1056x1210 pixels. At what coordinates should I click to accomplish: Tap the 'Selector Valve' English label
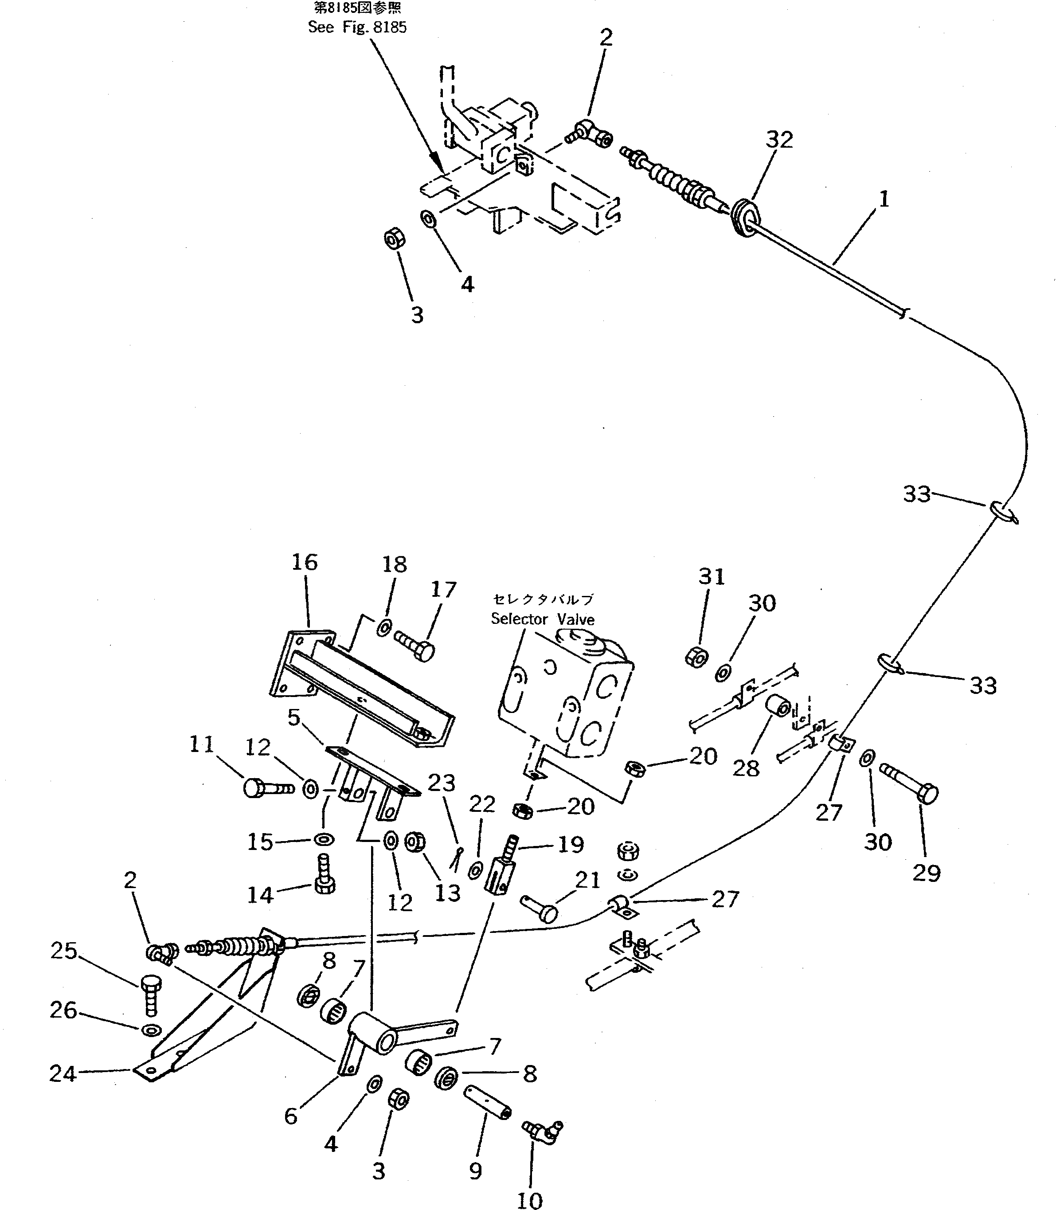point(542,619)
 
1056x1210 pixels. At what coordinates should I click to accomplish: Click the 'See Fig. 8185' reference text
point(357,27)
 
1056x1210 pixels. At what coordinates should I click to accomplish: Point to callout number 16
point(304,562)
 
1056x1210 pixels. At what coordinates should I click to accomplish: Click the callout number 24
point(63,1074)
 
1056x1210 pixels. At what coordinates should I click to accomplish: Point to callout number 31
point(711,576)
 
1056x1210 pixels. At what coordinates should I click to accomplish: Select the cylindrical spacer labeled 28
point(778,705)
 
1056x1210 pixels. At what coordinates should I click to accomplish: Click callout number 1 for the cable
point(884,200)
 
